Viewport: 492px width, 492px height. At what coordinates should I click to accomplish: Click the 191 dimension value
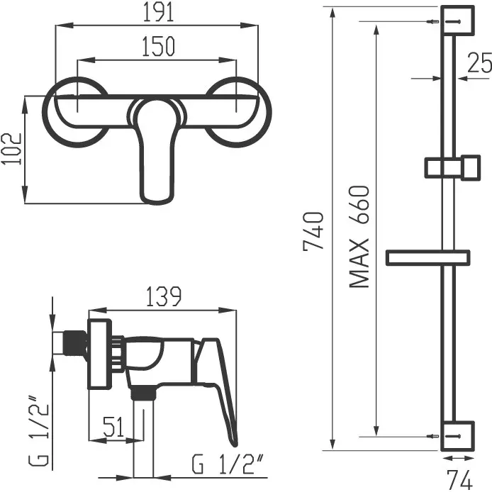[x=158, y=12]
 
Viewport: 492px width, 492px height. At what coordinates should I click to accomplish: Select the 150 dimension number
[x=158, y=47]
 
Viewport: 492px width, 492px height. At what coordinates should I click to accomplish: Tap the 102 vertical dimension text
[x=12, y=149]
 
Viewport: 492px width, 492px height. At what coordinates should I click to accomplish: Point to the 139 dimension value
[x=164, y=296]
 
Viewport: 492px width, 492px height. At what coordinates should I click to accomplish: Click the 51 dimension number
[x=114, y=427]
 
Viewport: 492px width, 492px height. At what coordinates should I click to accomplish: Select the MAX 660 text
[x=359, y=237]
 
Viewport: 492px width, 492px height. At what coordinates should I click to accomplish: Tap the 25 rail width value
[x=479, y=63]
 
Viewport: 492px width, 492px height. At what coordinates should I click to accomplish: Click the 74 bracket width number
[x=459, y=479]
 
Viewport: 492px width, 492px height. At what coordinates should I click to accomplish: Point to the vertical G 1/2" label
[x=39, y=432]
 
